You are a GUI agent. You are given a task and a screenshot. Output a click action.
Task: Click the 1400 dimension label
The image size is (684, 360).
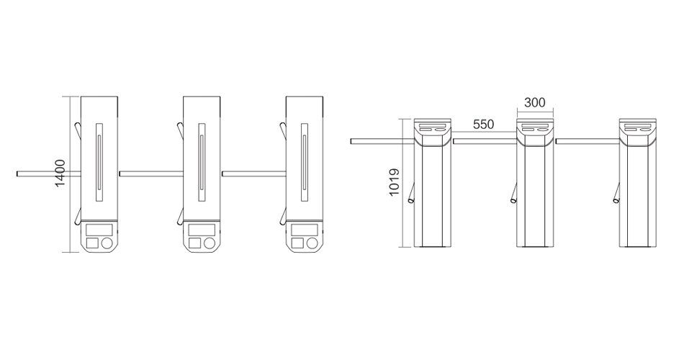click(x=60, y=174)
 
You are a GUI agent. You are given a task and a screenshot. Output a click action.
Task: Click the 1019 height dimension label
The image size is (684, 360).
click(x=394, y=182)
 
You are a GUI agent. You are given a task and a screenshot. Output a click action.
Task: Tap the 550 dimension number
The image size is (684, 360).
click(x=483, y=125)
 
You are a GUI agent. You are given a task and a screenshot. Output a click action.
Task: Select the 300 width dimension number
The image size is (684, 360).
click(x=534, y=102)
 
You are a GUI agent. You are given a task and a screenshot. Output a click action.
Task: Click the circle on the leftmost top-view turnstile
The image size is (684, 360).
click(x=107, y=243)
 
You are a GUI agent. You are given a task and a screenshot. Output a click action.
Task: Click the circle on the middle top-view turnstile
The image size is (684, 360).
click(x=209, y=243)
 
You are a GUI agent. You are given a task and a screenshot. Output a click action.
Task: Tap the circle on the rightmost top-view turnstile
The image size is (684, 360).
click(x=312, y=243)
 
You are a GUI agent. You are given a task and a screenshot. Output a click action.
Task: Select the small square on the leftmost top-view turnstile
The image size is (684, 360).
click(x=92, y=243)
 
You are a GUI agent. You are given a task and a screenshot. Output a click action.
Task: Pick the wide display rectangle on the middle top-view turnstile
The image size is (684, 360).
click(x=202, y=230)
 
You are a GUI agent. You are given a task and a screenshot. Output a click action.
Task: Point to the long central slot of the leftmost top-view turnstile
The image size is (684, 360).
click(x=99, y=162)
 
